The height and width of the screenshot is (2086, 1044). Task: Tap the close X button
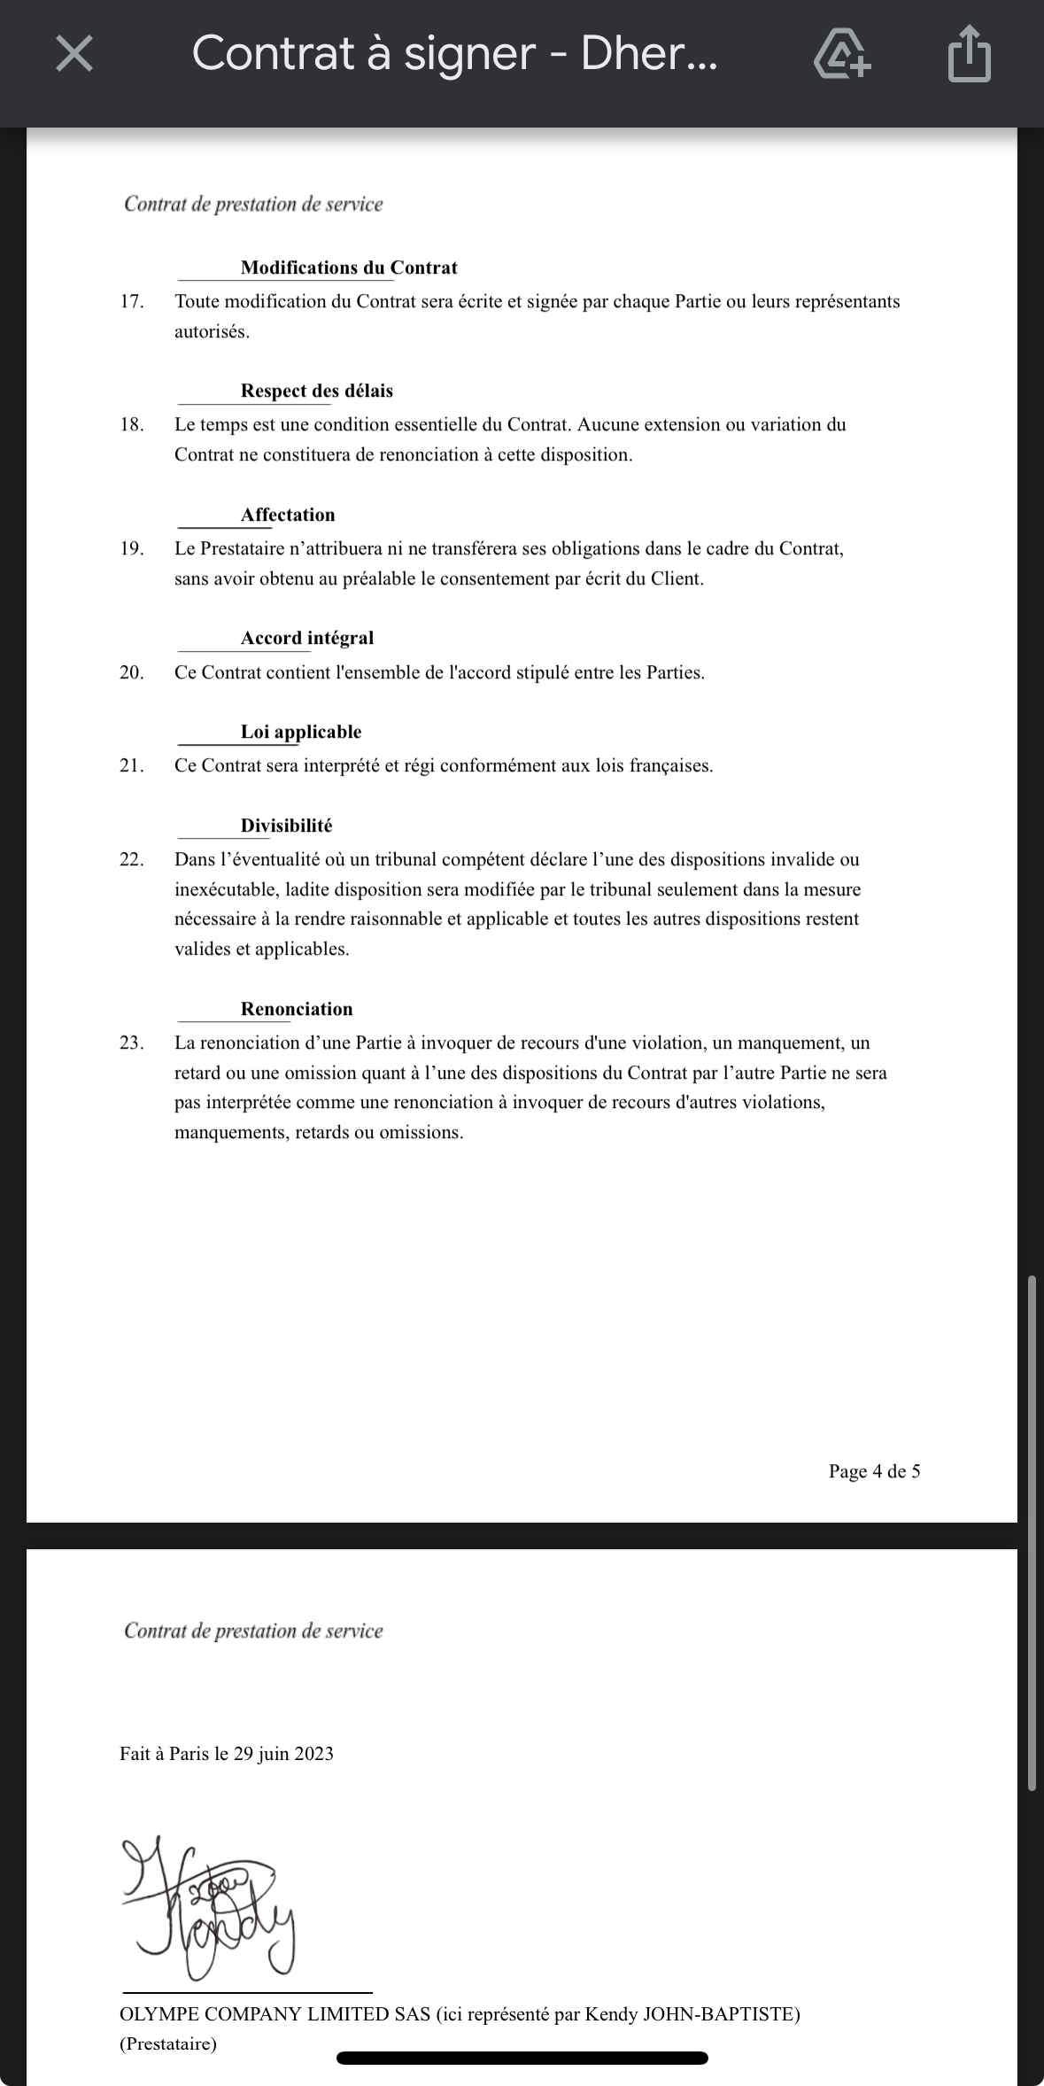coord(74,54)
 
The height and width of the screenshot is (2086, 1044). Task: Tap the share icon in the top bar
coord(969,54)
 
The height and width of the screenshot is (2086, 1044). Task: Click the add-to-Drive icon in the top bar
coord(841,54)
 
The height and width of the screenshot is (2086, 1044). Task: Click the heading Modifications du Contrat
coord(349,268)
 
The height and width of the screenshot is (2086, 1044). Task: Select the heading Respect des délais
coord(316,391)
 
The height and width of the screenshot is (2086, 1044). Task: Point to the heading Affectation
coord(288,515)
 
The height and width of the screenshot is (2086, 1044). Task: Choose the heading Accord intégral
coord(307,638)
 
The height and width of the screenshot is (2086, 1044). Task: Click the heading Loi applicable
coord(301,732)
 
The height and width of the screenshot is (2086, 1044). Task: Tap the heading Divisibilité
coord(286,826)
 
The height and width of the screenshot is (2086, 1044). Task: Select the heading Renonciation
coord(297,1009)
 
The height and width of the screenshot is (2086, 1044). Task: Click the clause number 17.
coord(132,301)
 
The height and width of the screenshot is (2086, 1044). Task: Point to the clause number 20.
coord(132,672)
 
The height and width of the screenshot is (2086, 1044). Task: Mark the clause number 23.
coord(132,1043)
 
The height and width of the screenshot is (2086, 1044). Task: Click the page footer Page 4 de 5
coord(874,1471)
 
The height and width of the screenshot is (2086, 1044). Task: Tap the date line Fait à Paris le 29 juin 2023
coord(227,1754)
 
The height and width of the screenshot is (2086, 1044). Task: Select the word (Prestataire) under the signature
coord(168,2043)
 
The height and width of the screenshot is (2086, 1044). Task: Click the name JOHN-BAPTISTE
coord(721,2014)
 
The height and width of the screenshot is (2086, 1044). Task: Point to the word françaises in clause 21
coord(670,765)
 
